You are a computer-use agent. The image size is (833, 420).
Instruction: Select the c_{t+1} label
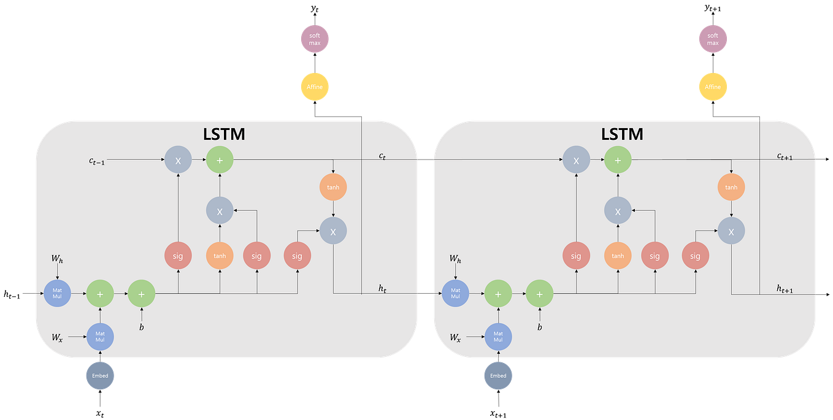[x=784, y=157]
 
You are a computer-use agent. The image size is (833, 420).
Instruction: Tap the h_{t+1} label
[x=784, y=289]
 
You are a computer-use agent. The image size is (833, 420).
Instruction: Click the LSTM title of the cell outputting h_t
[x=224, y=134]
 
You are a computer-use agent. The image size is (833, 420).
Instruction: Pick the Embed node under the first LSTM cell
[x=100, y=375]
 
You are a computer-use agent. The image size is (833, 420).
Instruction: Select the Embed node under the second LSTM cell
[x=498, y=375]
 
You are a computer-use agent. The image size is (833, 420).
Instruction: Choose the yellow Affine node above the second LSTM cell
[x=713, y=87]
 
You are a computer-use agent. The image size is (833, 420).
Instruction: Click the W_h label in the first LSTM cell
[x=57, y=261]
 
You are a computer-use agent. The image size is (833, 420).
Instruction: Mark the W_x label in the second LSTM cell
[x=455, y=337]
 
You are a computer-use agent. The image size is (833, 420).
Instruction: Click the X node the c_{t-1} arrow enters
[x=178, y=160]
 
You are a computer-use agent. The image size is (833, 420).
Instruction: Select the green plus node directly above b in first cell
[x=141, y=294]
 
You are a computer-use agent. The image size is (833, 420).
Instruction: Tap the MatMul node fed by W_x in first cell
[x=100, y=337]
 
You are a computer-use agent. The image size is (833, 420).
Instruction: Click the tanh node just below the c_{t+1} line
[x=731, y=187]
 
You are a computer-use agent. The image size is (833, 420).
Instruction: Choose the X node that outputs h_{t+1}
[x=731, y=232]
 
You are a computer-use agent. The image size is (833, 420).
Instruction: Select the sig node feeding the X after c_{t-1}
[x=178, y=256]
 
